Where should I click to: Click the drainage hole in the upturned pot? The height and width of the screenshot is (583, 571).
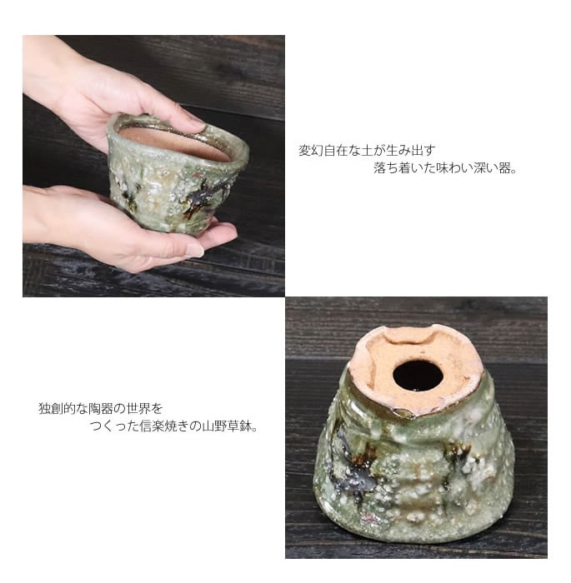418,375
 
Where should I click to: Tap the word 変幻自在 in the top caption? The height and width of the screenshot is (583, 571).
323,151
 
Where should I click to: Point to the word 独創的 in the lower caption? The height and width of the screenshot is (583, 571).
57,409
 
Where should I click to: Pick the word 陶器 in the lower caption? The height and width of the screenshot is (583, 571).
101,409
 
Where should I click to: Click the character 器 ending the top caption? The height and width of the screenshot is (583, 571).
504,168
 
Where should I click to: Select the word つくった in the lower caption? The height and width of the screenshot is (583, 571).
114,426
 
